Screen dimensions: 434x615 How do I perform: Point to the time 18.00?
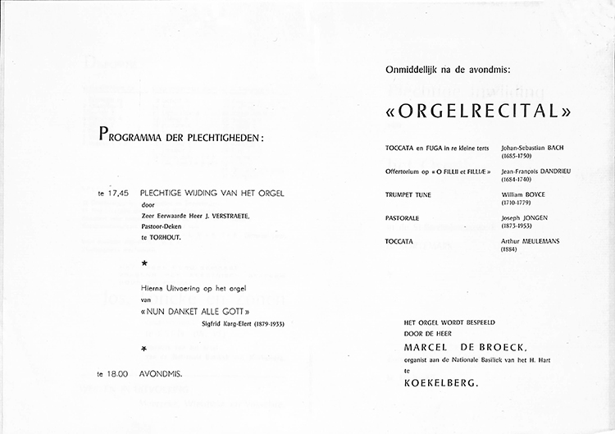click(113, 374)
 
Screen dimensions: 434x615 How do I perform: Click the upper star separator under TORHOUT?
click(144, 263)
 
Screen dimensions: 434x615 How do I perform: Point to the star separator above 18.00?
click(144, 349)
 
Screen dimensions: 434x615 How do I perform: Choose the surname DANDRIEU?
click(558, 171)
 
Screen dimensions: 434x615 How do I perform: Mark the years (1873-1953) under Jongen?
click(517, 225)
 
